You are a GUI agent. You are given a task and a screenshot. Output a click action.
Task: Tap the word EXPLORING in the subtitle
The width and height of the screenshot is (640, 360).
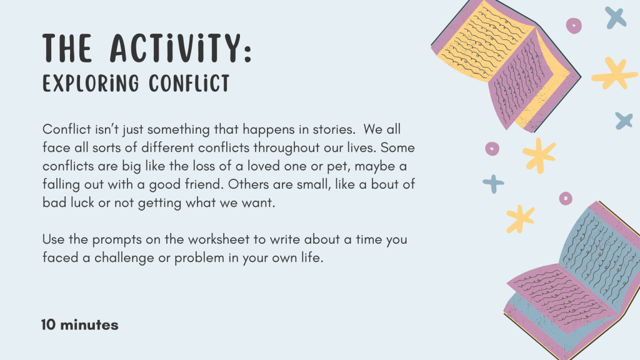pos(91,83)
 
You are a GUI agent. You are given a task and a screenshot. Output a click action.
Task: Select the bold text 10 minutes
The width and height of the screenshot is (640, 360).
pos(80,325)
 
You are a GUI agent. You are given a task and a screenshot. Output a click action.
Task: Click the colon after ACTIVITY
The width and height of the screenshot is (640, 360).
pos(247,53)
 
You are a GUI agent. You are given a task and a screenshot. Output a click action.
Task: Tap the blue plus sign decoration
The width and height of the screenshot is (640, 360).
pos(494,184)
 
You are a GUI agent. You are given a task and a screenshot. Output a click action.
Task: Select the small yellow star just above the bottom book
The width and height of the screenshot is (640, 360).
pos(520,219)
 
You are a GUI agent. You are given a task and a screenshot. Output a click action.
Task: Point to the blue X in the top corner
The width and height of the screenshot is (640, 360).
pos(616,17)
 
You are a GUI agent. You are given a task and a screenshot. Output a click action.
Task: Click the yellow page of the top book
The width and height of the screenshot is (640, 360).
pos(482,41)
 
